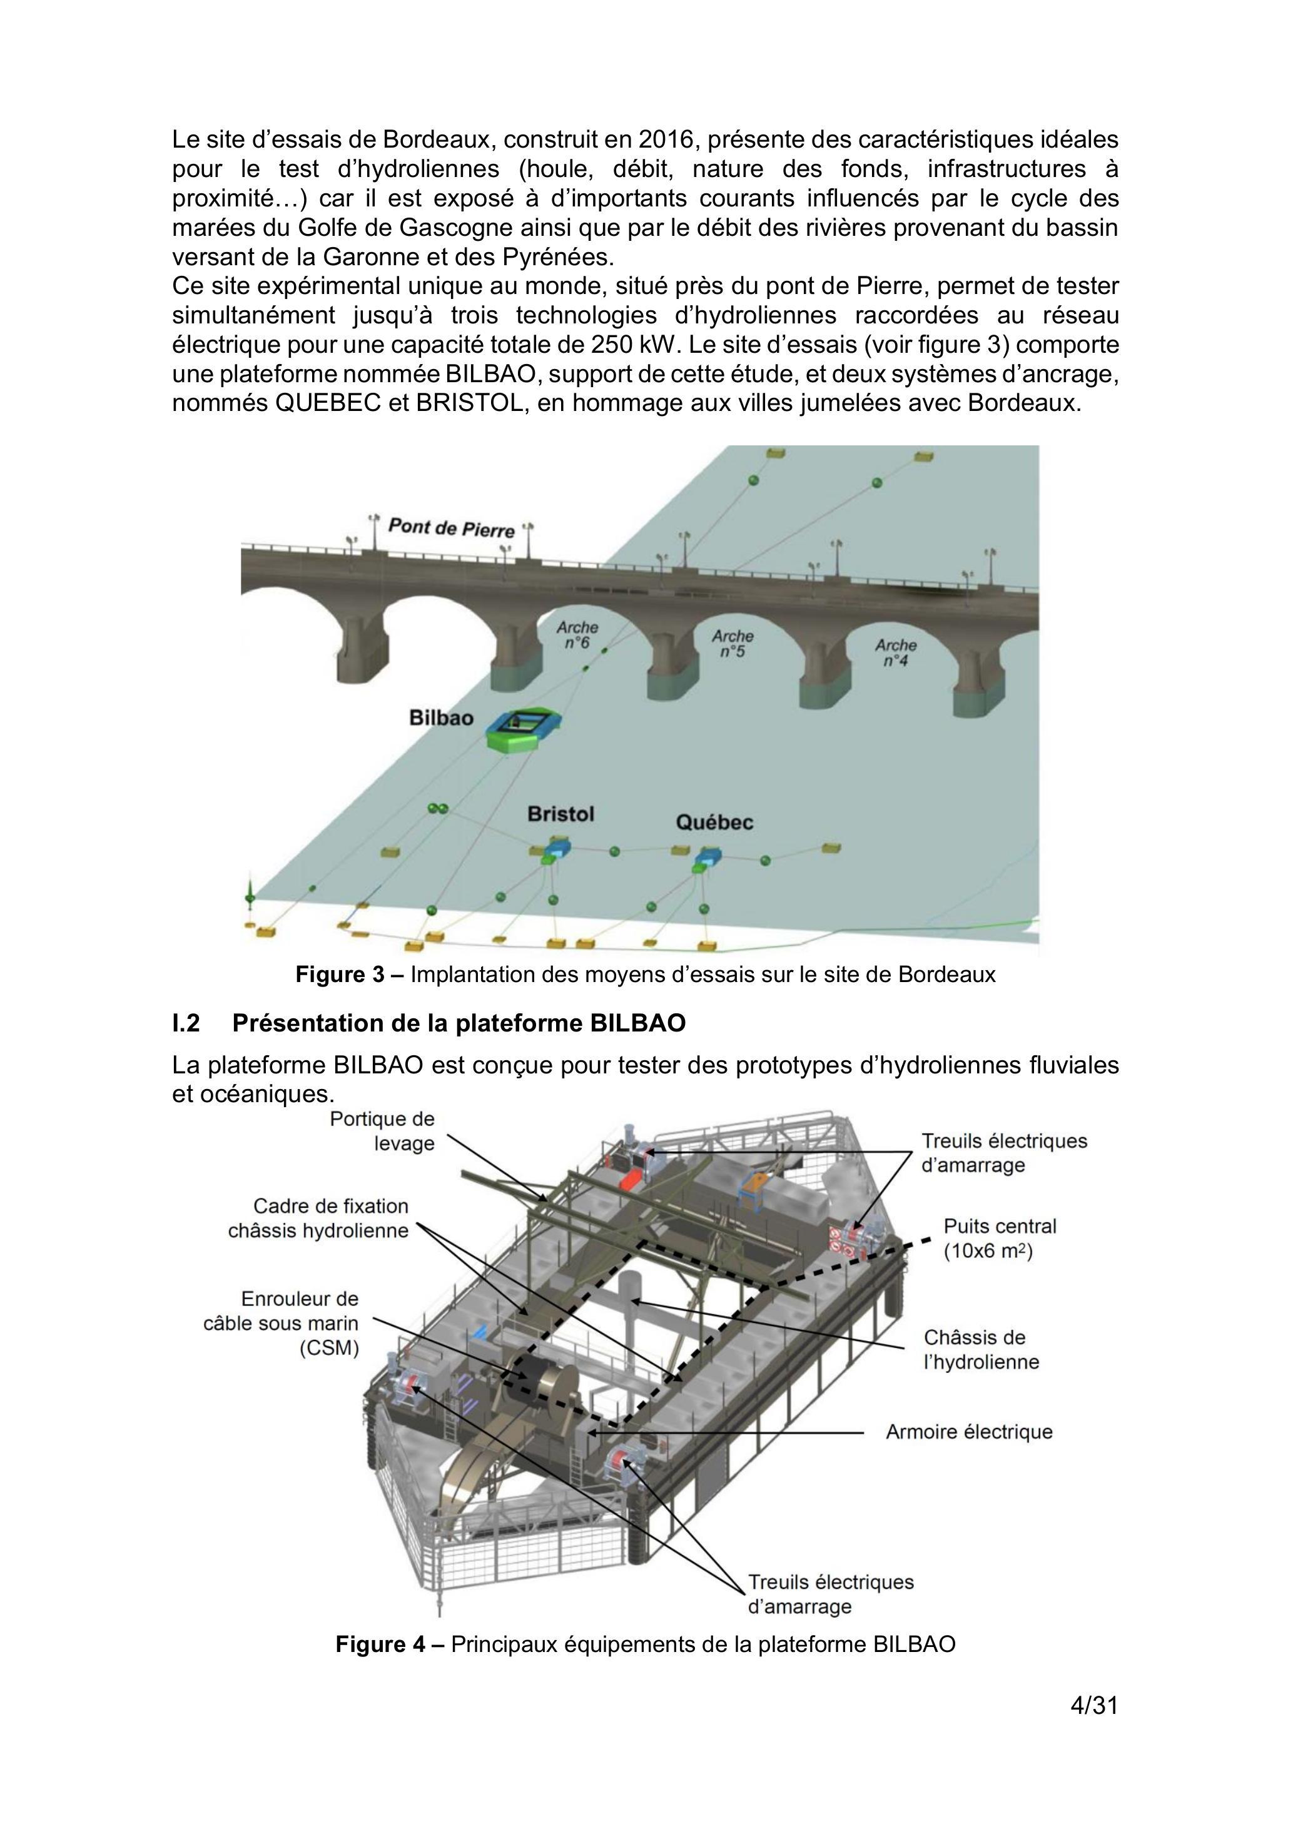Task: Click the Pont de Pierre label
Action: point(450,528)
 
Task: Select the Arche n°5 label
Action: point(732,644)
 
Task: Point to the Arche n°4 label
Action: point(895,652)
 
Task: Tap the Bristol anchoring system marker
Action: point(555,850)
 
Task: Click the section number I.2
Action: point(186,1023)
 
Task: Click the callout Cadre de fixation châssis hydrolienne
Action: point(318,1218)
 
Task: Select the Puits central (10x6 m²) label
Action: point(1000,1238)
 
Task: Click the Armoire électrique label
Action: point(970,1432)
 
